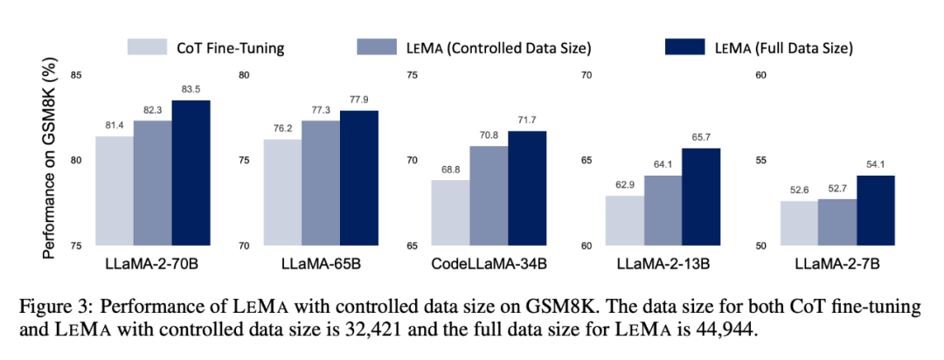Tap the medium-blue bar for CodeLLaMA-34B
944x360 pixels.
pyautogui.click(x=488, y=196)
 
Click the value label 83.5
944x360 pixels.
pyautogui.click(x=191, y=90)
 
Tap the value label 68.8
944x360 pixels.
pyautogui.click(x=449, y=170)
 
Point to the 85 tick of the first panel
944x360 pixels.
pyautogui.click(x=76, y=75)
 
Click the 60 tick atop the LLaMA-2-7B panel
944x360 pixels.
pyautogui.click(x=760, y=75)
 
